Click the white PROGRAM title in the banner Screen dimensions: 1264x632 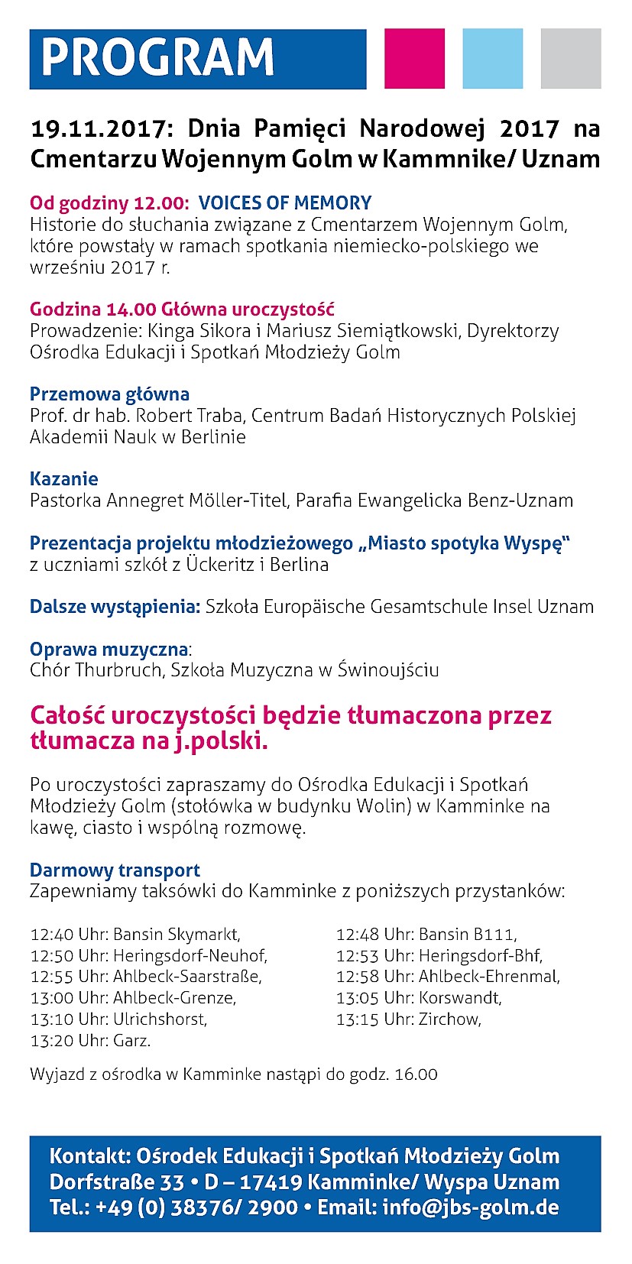157,58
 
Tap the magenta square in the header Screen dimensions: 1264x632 414,59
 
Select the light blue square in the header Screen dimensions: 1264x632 493,59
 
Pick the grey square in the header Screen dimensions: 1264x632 571,59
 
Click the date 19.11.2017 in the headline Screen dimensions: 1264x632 96,128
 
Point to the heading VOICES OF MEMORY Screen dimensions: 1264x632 285,203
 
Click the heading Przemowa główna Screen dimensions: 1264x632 109,394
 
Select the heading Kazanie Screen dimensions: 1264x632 64,479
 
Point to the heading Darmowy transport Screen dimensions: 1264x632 115,870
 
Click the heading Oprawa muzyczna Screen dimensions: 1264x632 109,650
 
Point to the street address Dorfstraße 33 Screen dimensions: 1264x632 117,1182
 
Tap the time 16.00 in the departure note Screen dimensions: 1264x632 416,1074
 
